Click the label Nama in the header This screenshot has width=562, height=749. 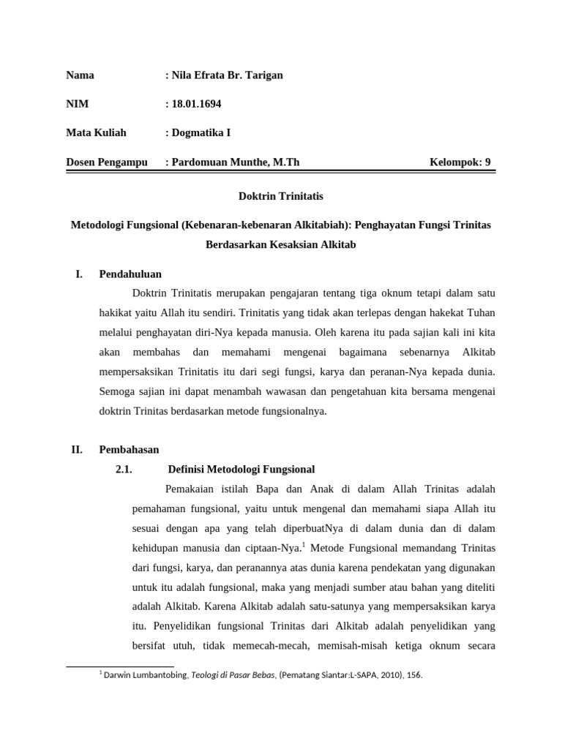(x=80, y=75)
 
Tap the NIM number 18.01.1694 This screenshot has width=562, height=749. (x=196, y=104)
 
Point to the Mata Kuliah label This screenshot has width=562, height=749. (x=96, y=132)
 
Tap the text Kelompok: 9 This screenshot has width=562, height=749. (x=460, y=162)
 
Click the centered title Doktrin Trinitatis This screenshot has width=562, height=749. (x=281, y=197)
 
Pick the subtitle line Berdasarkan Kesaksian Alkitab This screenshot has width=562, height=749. (x=281, y=244)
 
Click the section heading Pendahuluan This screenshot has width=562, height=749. (x=130, y=274)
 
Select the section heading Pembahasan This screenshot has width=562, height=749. (x=129, y=449)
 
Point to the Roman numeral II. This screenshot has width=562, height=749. (x=76, y=449)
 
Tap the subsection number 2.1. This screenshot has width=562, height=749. (x=123, y=469)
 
